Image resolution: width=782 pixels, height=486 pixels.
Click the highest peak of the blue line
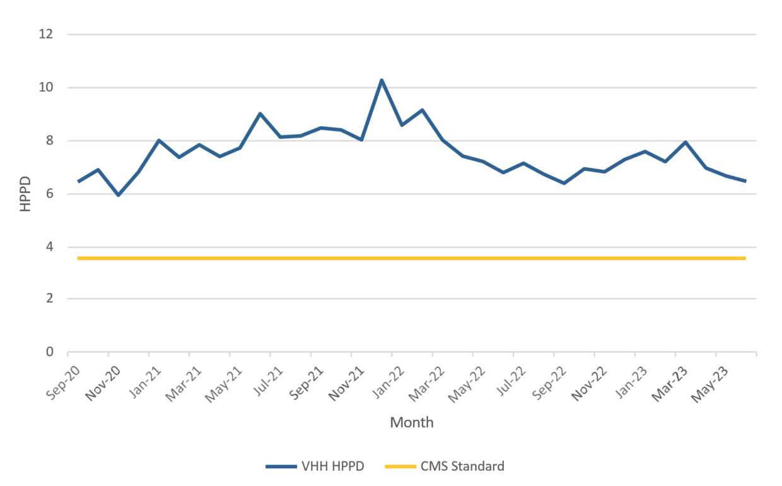382,80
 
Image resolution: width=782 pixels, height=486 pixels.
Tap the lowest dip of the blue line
119,195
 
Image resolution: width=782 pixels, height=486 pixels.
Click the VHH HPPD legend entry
315,467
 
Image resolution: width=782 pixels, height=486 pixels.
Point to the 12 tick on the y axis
45,34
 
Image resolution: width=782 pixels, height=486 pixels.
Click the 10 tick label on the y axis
45,88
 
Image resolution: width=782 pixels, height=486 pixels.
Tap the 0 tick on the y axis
48,352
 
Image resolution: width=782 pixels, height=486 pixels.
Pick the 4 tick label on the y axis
48,247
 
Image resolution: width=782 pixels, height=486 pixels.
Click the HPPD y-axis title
25,193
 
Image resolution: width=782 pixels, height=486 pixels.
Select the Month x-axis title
412,422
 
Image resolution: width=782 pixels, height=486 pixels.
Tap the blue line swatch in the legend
281,467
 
